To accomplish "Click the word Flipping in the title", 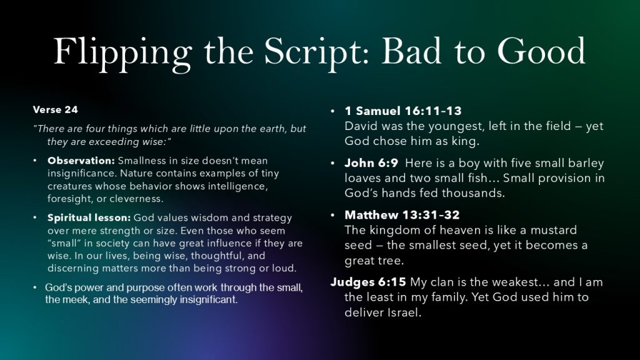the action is click(122, 53).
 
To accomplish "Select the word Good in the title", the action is click(541, 51).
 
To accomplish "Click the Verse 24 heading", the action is click(55, 110).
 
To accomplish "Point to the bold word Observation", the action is click(81, 161).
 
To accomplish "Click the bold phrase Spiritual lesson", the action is click(89, 218).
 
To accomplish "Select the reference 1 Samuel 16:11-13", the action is click(403, 111).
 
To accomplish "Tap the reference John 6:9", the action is click(371, 163).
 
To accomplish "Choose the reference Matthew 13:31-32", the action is click(402, 215).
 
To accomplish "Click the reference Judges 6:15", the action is click(368, 282).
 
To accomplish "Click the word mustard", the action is click(554, 230).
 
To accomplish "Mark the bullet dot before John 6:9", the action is click(332, 163).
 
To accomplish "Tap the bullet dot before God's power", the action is click(35, 287).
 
